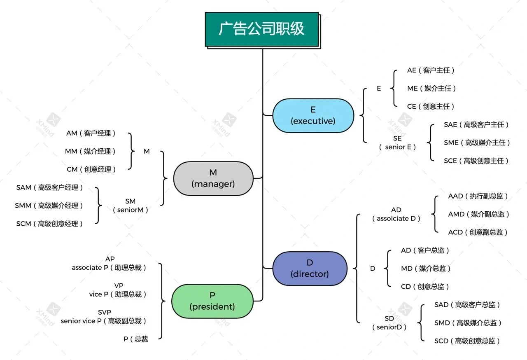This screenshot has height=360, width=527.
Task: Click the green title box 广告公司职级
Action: tap(262, 29)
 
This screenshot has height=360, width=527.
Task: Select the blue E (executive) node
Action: tap(313, 116)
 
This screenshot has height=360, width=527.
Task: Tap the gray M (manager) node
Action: tap(213, 178)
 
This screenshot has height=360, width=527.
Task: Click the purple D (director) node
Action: tap(310, 269)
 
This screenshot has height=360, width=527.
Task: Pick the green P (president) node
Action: tap(212, 301)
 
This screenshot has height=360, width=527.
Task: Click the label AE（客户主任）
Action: tap(431, 70)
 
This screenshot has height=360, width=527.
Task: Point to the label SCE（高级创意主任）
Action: tap(476, 161)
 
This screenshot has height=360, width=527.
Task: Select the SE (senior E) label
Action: tap(397, 143)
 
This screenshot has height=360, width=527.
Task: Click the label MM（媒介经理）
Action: tap(90, 152)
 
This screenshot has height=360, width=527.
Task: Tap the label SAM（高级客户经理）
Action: tap(50, 188)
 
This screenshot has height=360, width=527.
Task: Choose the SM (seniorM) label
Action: tap(130, 206)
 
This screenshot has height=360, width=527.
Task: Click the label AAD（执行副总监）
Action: tap(478, 196)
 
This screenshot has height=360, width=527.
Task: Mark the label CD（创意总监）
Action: tap(425, 287)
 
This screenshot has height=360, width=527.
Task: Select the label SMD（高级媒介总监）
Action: tap(468, 323)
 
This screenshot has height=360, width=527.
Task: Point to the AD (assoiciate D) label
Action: tap(396, 215)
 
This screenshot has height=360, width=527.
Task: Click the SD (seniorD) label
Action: tap(389, 323)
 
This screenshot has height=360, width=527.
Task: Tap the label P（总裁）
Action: tap(136, 339)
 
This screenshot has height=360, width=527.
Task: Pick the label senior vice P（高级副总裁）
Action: tap(104, 321)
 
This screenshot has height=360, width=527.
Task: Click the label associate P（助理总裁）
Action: tap(109, 268)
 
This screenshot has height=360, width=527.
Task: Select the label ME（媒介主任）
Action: tap(431, 89)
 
